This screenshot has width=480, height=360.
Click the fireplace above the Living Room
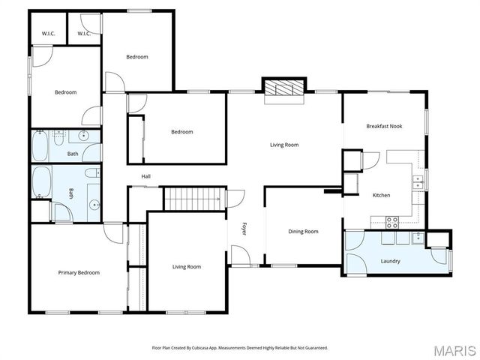pos(283,88)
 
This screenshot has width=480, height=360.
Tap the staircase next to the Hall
pos(192,199)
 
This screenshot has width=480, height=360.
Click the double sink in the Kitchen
pos(418,180)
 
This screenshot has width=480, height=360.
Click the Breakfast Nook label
pos(384,126)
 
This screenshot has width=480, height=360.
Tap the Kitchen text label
pos(382,195)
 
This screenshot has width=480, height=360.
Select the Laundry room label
pos(390,261)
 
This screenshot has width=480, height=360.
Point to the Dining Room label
pos(303,231)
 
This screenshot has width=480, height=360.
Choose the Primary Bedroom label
pos(79,272)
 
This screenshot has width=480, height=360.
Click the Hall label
pos(146,176)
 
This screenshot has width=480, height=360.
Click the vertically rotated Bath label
pos(72,193)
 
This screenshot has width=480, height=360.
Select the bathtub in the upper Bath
pos(40,144)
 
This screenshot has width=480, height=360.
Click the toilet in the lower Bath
pos(60,213)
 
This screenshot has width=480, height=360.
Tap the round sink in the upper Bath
pos(84,136)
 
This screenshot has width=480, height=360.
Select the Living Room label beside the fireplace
pos(285,145)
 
